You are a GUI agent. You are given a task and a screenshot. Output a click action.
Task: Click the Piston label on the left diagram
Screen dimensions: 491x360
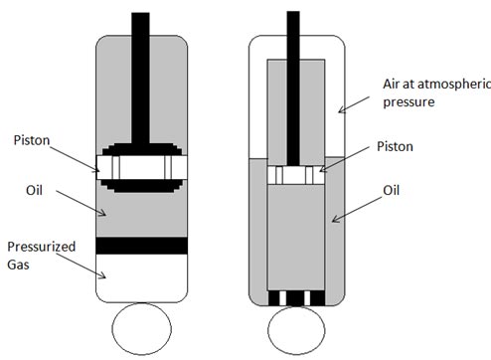point(32,140)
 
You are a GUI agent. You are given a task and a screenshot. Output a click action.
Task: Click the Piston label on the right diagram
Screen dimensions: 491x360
point(395,146)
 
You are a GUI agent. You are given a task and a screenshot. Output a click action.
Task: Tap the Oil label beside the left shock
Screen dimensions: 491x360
point(34,190)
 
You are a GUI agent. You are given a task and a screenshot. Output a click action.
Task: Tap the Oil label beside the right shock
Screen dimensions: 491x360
point(392,190)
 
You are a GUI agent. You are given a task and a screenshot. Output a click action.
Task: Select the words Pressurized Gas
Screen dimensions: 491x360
point(42,256)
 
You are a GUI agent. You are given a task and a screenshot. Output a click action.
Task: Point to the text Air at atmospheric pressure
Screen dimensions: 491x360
point(436,92)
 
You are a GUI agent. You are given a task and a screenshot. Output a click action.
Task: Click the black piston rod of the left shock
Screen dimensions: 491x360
point(140,81)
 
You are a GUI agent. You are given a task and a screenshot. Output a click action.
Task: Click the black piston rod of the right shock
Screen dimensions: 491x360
point(293,89)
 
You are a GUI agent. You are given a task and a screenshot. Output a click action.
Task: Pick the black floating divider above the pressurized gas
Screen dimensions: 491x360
point(142,246)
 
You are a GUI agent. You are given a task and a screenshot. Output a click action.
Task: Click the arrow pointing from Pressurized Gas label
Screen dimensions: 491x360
point(81,266)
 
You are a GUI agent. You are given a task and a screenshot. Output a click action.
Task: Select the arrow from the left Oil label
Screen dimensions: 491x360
point(81,203)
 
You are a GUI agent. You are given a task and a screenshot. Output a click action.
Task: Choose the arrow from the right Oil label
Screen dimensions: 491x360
point(357,210)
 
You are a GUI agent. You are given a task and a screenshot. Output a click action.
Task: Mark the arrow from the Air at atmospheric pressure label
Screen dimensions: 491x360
point(354,104)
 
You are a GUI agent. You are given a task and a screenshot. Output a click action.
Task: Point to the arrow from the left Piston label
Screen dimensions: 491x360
point(75,159)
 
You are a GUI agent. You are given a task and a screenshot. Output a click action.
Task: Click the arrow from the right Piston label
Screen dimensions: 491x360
point(344,159)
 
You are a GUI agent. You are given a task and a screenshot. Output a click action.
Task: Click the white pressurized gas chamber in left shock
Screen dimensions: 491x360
point(142,277)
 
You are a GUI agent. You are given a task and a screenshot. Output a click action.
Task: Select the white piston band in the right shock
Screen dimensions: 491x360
point(296,175)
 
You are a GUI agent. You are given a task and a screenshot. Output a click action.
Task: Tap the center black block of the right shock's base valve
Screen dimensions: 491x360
point(295,298)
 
